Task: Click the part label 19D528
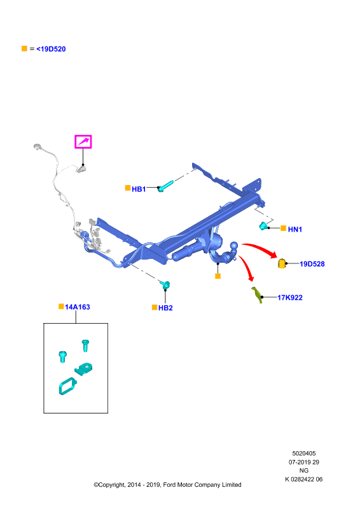click(312, 264)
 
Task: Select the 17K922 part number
click(290, 297)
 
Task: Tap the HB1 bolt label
click(139, 189)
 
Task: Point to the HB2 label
click(165, 308)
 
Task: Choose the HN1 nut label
click(294, 229)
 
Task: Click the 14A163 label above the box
click(77, 307)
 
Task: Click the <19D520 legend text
click(51, 49)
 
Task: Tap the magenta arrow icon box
click(83, 142)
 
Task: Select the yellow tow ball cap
click(281, 263)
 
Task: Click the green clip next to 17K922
click(257, 295)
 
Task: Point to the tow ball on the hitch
click(233, 246)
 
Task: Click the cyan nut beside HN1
click(264, 226)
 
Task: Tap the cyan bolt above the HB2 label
click(165, 284)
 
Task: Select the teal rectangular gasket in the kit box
click(67, 386)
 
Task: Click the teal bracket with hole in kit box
click(84, 369)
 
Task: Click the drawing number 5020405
click(304, 454)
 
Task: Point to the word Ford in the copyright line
click(169, 485)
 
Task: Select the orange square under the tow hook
click(218, 276)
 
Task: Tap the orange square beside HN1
click(283, 228)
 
